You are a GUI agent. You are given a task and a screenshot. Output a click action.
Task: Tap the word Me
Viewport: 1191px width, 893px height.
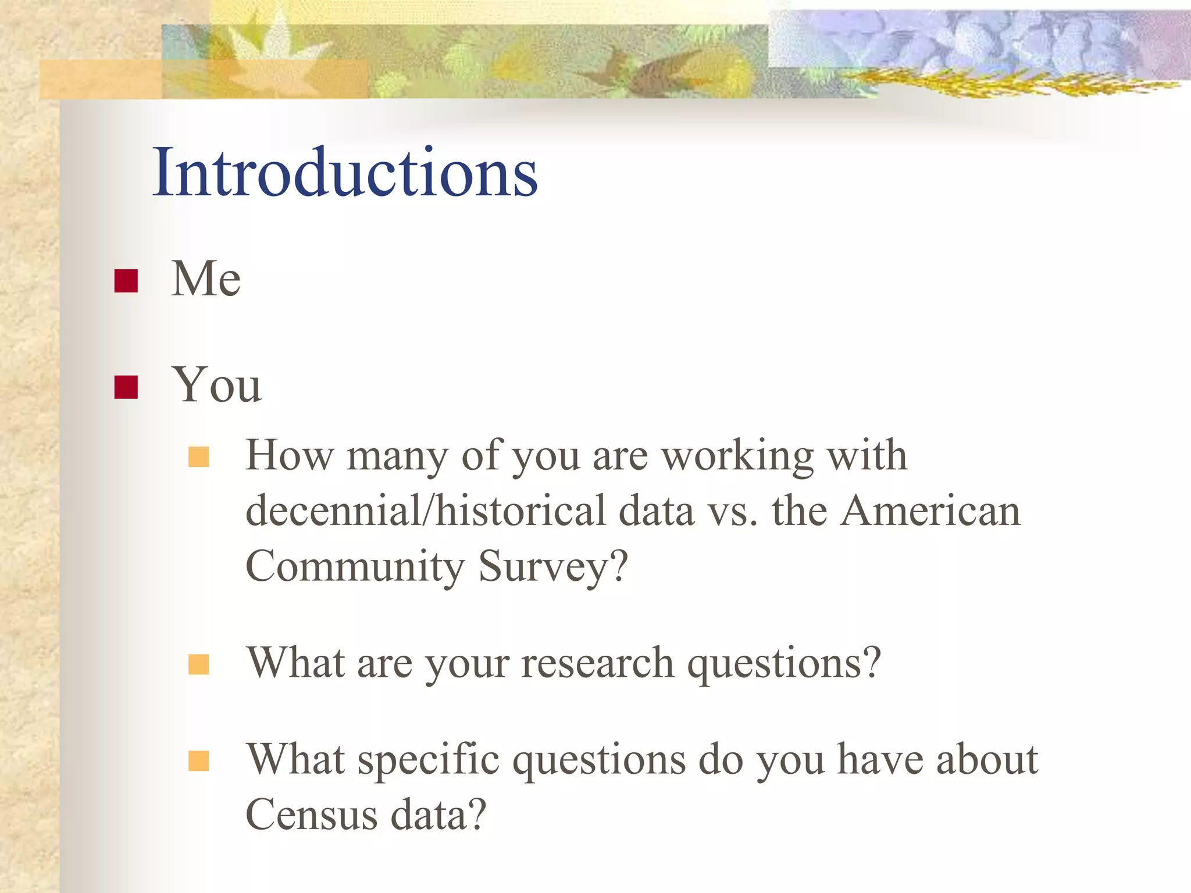[206, 279]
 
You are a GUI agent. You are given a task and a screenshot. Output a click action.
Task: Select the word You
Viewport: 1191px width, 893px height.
[216, 385]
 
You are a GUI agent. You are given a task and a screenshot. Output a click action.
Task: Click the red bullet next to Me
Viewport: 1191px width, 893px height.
[126, 281]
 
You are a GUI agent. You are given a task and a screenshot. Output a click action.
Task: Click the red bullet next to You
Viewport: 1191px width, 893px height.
[126, 387]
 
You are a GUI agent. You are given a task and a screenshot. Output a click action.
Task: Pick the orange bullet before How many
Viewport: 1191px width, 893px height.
[198, 458]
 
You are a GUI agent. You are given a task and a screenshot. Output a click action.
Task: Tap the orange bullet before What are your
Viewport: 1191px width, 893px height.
[198, 664]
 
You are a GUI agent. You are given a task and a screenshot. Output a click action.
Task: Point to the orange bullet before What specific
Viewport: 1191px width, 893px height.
[198, 760]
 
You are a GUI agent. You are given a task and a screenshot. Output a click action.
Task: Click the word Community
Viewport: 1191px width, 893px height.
[355, 566]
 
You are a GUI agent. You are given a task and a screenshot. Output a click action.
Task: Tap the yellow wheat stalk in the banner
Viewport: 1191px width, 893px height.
[989, 84]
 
